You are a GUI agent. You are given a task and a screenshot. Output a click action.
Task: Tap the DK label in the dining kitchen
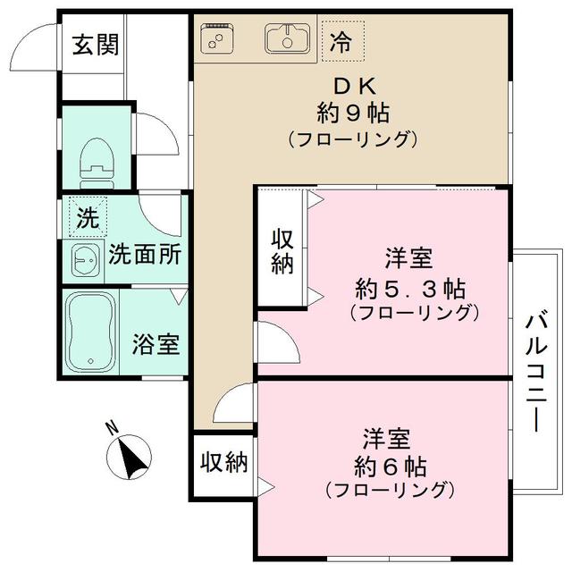[357, 86]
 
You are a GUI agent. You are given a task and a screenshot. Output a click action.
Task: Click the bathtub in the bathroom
[90, 330]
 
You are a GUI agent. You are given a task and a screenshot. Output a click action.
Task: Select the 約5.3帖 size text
[409, 288]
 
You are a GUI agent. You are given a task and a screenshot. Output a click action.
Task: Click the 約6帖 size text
[389, 467]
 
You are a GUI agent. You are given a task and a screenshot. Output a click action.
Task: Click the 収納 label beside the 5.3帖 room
[282, 251]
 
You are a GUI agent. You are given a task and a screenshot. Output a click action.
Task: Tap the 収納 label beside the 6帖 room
[223, 462]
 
